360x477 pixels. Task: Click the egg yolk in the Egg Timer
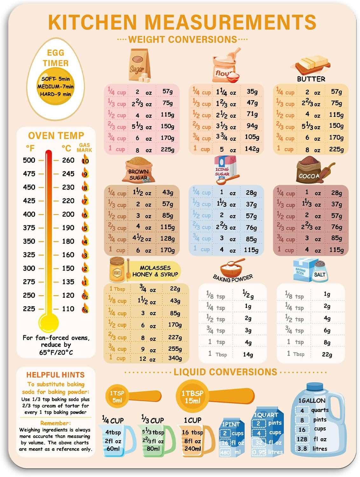pos(56,86)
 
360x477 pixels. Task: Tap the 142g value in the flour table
pos(252,149)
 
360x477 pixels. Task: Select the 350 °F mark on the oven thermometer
pos(29,241)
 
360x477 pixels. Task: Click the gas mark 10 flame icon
pos(85,160)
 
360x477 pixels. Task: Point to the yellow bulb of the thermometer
pos(49,322)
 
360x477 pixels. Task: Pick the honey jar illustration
pos(117,270)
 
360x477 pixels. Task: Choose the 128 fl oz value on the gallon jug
pos(302,439)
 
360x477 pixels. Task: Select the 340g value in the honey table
pos(175,358)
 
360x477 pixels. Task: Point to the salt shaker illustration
pos(320,271)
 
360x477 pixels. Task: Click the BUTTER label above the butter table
pos(311,79)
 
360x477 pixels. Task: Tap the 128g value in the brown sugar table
pos(168,239)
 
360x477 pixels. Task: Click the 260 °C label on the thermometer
pos(68,160)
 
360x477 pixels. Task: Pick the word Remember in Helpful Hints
pos(55,423)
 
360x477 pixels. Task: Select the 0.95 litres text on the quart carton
pos(267,452)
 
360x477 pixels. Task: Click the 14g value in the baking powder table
pos(248,354)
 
